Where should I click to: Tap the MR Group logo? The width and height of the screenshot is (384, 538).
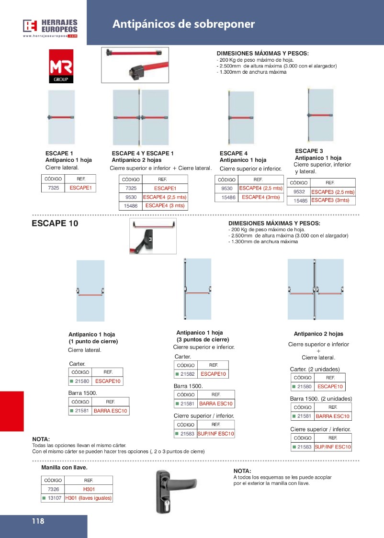61,66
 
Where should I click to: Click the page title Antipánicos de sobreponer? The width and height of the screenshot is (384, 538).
183,24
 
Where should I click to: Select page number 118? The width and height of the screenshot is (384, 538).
38,521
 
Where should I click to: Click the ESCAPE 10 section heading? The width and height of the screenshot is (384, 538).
55,223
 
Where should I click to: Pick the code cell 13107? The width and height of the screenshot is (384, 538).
54,498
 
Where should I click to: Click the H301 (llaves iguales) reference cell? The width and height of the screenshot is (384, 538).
89,498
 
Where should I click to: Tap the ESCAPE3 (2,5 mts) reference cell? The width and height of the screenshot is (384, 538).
333,192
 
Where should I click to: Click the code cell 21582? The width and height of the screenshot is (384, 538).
187,374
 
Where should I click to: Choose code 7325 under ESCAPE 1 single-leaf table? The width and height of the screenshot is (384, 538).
54,188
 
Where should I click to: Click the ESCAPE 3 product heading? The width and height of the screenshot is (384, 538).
309,151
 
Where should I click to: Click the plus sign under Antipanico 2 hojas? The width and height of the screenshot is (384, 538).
318,351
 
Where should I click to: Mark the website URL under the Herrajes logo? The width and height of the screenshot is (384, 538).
50,36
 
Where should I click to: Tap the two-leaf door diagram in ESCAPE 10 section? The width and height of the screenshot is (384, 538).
316,289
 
